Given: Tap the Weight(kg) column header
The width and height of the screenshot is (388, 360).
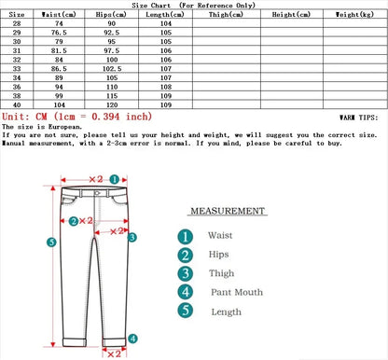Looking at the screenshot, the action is (355, 16).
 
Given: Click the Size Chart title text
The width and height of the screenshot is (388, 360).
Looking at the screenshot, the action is (193, 5).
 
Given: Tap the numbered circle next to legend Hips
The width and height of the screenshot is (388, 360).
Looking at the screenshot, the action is (186, 256).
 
